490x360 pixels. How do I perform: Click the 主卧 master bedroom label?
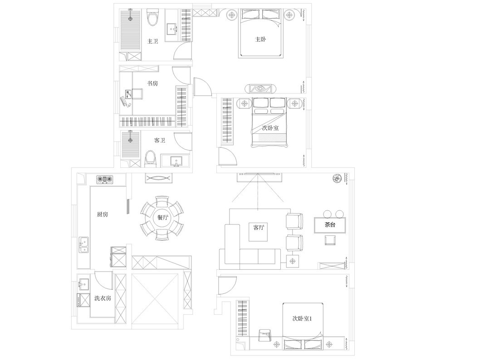click(x=260, y=39)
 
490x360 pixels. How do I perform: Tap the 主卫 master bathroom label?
click(x=153, y=41)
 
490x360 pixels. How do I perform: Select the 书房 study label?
click(x=153, y=83)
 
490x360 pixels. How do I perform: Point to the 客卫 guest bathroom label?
click(x=160, y=140)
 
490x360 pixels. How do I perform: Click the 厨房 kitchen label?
click(x=103, y=214)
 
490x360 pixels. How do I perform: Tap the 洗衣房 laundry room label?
click(x=103, y=298)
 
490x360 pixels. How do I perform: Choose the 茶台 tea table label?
click(x=330, y=224)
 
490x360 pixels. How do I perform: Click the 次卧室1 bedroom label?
click(x=302, y=318)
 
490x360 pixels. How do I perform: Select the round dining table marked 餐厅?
click(x=162, y=218)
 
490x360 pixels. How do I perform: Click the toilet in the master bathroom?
click(x=153, y=19)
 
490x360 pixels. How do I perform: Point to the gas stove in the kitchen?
click(x=105, y=180)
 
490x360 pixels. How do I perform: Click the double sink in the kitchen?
click(x=84, y=245)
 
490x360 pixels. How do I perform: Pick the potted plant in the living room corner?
click(x=337, y=179)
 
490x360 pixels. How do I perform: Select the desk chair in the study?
click(x=137, y=94)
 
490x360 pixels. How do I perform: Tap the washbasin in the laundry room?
click(x=83, y=285)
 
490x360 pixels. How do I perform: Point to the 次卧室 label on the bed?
click(x=270, y=128)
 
